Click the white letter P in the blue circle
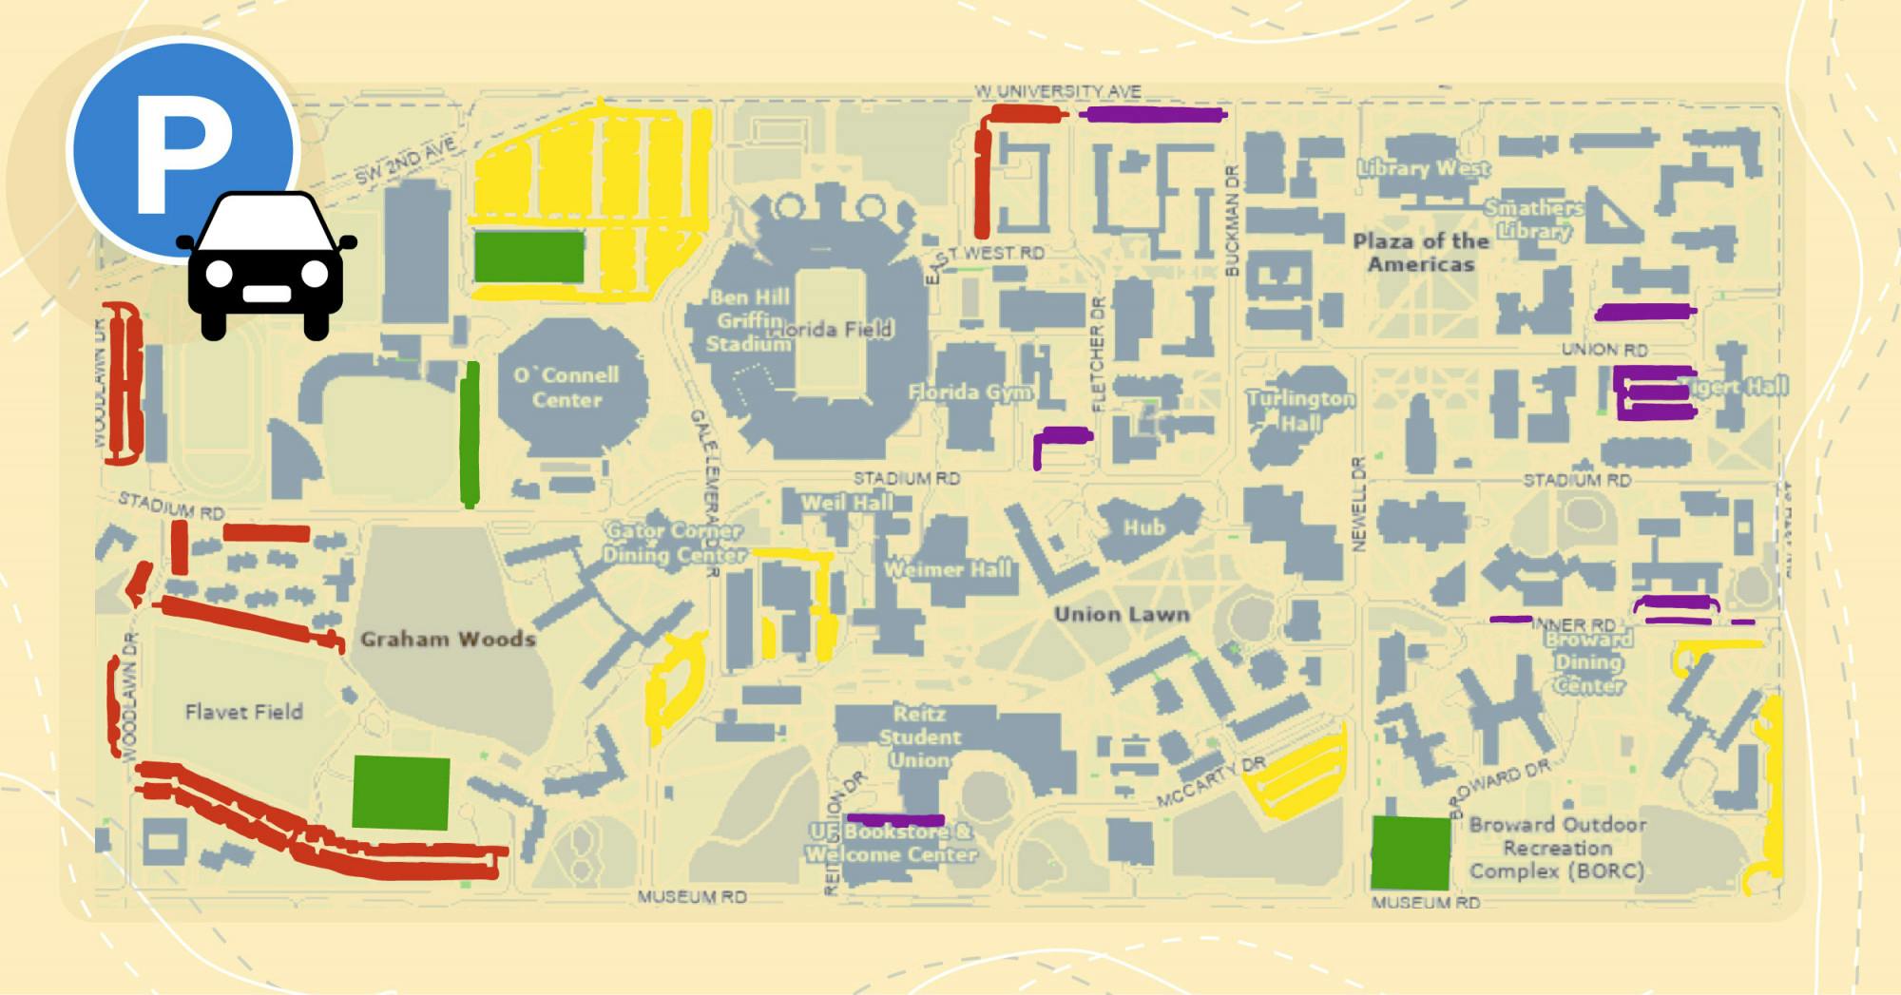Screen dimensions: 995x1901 [x=181, y=152]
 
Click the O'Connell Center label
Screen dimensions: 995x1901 [x=566, y=387]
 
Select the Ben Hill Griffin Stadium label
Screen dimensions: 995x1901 [x=749, y=320]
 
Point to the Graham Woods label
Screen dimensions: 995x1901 [x=448, y=639]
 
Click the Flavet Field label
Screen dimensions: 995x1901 [x=243, y=712]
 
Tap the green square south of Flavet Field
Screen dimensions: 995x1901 [x=400, y=793]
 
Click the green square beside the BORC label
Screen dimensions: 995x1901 [x=1411, y=852]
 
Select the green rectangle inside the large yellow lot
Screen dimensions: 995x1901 [x=528, y=257]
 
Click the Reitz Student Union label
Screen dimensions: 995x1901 [x=919, y=737]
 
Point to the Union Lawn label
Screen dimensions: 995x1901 [x=1122, y=614]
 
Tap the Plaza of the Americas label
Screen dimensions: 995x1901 [x=1420, y=252]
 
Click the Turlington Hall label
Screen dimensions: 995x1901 [x=1300, y=411]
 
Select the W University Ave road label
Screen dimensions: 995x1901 [x=1057, y=91]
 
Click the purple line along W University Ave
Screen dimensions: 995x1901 [x=1153, y=115]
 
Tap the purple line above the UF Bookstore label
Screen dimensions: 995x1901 [x=895, y=819]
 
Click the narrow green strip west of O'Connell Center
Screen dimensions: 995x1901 [x=470, y=434]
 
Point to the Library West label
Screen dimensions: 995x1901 [x=1423, y=168]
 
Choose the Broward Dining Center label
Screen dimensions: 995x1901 [x=1588, y=661]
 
